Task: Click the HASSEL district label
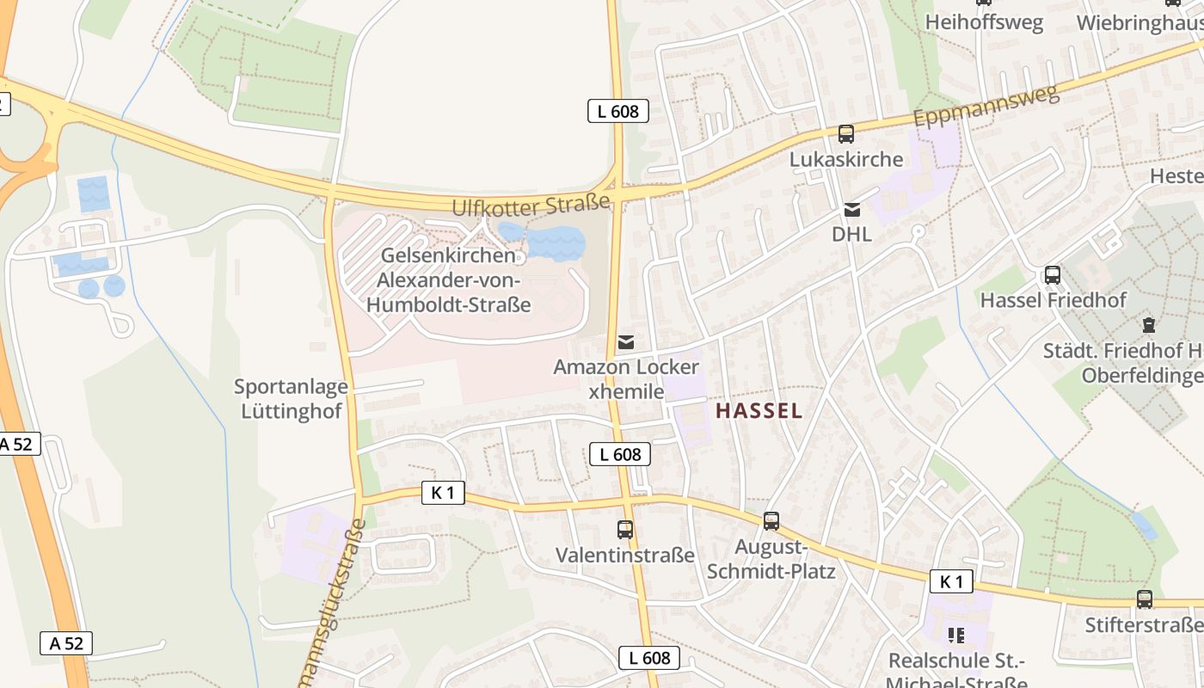759,411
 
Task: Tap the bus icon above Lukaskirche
846,134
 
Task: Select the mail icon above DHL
851,209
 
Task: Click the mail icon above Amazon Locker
626,342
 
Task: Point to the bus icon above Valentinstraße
625,530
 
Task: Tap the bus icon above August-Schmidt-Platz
771,520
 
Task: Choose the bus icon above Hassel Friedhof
1053,275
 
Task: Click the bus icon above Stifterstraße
1145,599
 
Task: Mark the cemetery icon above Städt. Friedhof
1148,325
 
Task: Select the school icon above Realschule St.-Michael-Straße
955,636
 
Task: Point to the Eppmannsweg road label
986,106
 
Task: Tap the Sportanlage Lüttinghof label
291,399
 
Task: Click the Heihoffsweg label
984,22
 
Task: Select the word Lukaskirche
846,160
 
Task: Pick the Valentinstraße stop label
625,556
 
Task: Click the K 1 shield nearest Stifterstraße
951,581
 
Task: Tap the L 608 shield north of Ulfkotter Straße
618,111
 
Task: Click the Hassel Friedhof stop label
1053,301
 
